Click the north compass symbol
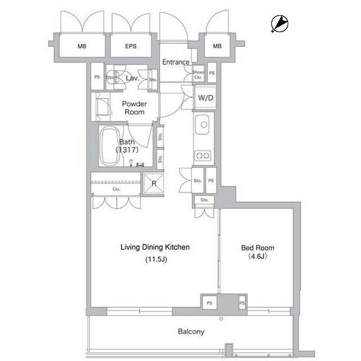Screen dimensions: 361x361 (x=279, y=23)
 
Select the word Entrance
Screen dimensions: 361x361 (x=175, y=62)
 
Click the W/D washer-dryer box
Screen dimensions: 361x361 (x=205, y=98)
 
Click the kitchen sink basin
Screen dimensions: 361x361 (x=202, y=122)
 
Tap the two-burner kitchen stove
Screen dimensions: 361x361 (x=202, y=155)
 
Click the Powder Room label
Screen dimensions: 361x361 (x=135, y=108)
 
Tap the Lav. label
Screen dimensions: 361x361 (x=133, y=78)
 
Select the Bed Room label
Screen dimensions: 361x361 (x=257, y=248)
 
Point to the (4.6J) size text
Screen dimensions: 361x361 (x=257, y=256)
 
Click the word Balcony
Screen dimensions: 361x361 (x=191, y=332)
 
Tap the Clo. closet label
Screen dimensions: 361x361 (x=116, y=189)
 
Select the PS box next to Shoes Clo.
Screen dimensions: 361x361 (x=212, y=73)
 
